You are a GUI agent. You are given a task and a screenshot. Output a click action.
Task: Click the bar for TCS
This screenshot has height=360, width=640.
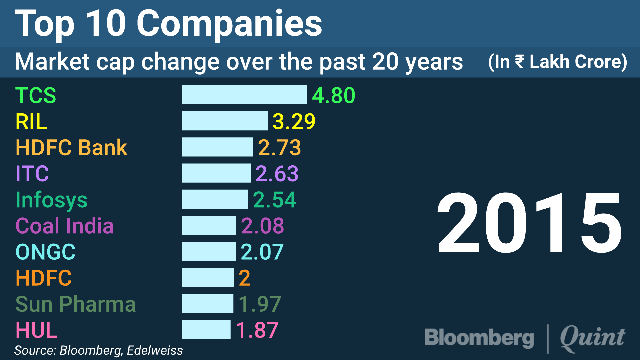pos(244,95)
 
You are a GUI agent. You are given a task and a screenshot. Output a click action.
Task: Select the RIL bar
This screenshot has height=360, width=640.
pos(224,121)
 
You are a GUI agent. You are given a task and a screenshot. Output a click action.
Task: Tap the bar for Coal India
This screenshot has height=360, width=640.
pos(209,225)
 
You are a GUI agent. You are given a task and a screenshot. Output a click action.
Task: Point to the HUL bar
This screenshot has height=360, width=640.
pos(206,330)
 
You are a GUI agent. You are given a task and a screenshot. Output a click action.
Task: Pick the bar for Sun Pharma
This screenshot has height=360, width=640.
pos(207,304)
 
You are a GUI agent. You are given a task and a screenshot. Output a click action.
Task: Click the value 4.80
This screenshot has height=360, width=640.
pos(333,95)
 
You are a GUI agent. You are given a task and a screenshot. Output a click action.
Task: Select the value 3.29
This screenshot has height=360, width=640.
pos(294,121)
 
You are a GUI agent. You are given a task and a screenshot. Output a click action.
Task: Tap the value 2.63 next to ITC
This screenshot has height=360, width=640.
pos(277,174)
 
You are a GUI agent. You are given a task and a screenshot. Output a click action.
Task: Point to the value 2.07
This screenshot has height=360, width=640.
pos(262,252)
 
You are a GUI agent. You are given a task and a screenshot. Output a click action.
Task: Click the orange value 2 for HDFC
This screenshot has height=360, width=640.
pos(244,278)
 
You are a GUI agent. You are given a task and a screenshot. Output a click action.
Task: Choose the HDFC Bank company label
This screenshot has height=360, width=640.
pos(71,148)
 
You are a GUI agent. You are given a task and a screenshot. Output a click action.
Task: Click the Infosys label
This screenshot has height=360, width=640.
pos(51,200)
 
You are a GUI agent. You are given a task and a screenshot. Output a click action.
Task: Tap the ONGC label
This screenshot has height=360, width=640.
pos(46,252)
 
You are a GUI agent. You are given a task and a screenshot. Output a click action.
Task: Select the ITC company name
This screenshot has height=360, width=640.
pos(32,174)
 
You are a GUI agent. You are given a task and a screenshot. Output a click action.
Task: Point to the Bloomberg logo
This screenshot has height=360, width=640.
pos(479,338)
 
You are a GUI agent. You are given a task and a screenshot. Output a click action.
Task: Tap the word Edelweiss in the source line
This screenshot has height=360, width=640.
pos(155,350)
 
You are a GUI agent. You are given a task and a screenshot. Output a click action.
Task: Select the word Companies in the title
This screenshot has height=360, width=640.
pos(229,24)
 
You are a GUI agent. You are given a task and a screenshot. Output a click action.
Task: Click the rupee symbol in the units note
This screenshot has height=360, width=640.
pos(519,61)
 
